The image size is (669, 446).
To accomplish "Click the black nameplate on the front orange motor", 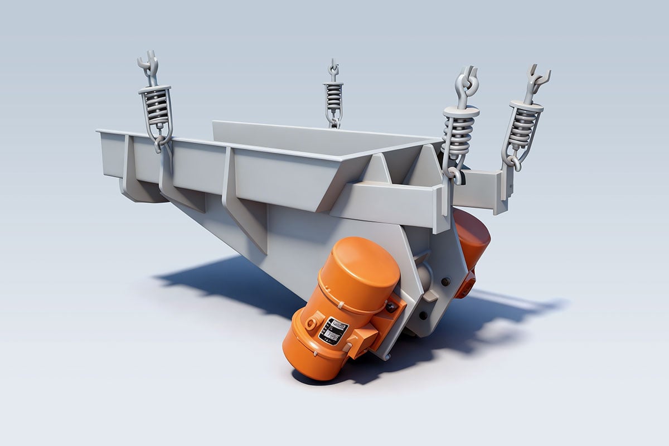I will (333, 331).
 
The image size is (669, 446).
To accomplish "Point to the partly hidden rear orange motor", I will (472, 234).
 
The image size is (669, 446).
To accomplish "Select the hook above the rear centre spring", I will (333, 69).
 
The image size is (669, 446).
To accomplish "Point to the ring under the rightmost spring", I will (512, 163).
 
